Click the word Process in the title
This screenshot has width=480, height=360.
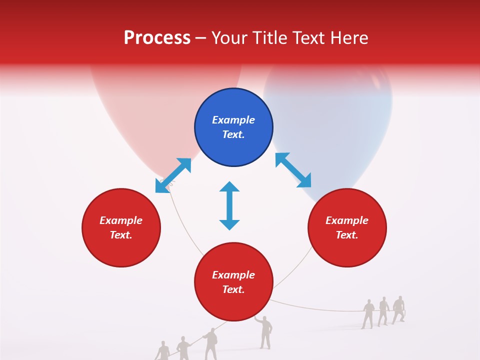coord(157,38)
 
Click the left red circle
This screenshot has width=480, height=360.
coord(121,227)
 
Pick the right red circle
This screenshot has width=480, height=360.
coord(347,227)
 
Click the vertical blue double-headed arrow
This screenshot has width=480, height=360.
coord(229,205)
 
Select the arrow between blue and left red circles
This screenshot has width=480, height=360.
coord(173,175)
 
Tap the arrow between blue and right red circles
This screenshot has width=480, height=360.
coord(293,170)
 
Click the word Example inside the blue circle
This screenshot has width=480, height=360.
coord(233,120)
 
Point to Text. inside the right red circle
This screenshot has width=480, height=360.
coord(347,235)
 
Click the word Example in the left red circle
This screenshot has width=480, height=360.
coord(121,220)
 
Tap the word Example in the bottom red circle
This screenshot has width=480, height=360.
coord(233,275)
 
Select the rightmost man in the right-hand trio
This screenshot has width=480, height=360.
coord(398,309)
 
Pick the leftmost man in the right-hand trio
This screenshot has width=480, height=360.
coord(368,313)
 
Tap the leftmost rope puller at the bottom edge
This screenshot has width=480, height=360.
coord(162,351)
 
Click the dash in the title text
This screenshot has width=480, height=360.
coord(201,38)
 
